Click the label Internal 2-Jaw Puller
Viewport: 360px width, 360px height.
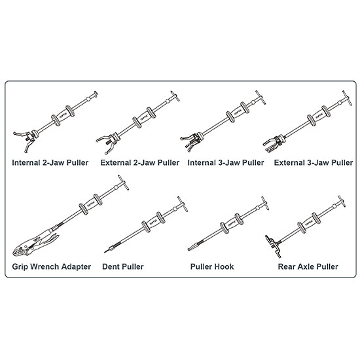50,163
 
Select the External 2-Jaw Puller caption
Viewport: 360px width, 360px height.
140,163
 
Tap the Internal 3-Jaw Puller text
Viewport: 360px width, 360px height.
226,163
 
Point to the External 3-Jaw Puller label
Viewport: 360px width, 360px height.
314,163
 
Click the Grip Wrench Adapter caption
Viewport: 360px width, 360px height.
52,267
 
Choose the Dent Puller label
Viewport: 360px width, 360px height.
123,267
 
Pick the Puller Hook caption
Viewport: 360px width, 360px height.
212,267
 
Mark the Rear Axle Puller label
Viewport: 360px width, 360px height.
308,267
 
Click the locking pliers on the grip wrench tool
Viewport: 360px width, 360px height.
35,243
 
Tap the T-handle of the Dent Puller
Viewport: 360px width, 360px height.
183,204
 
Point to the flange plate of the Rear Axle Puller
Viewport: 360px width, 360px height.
273,246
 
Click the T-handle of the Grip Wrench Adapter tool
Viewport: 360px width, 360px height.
123,183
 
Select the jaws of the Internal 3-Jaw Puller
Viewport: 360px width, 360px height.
190,142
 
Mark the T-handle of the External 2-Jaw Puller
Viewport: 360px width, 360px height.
175,96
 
